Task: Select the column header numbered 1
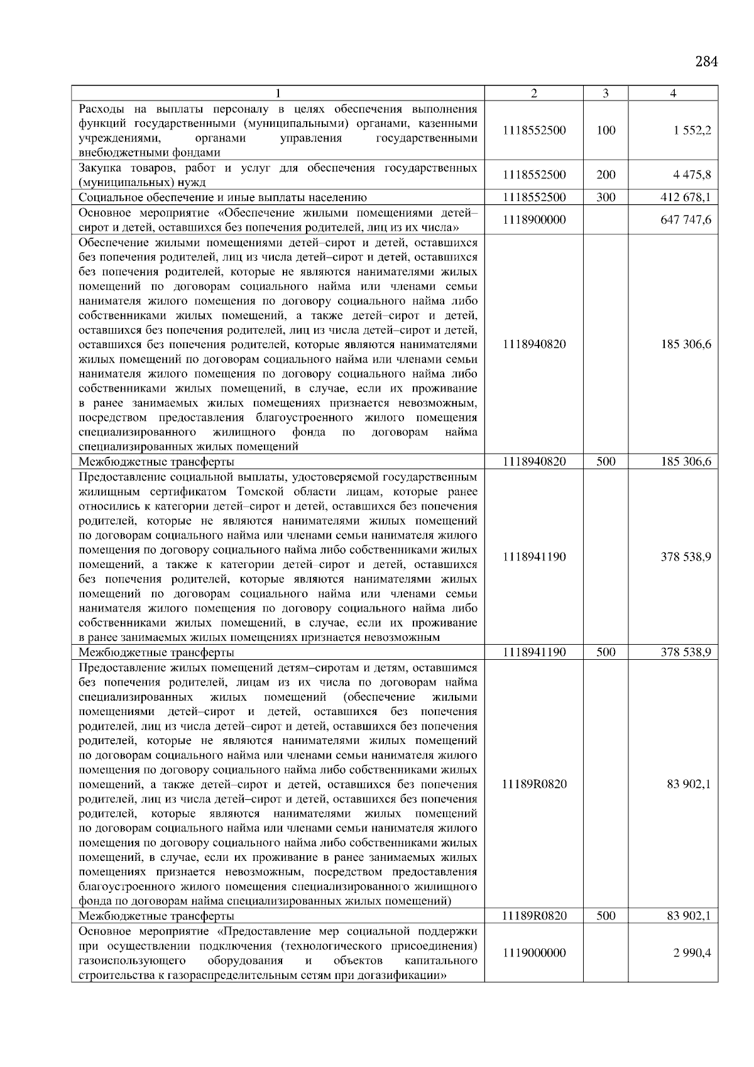point(277,94)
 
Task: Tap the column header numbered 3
point(605,94)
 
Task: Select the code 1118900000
point(534,220)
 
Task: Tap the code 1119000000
point(534,953)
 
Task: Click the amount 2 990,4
point(692,953)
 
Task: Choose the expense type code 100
point(606,131)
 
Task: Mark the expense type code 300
point(606,197)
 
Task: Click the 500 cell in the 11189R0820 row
point(606,916)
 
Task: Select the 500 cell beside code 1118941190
point(606,652)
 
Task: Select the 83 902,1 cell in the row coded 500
point(688,916)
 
